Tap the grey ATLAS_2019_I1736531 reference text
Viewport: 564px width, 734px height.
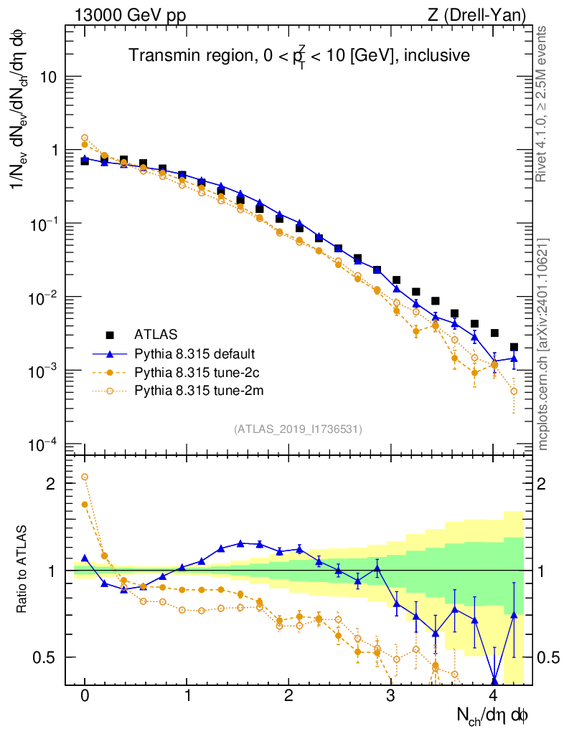298,429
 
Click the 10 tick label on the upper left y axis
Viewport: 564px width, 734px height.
47,77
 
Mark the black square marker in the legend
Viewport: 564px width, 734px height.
110,334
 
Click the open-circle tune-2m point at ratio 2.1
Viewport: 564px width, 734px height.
85,477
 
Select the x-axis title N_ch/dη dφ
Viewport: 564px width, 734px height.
493,715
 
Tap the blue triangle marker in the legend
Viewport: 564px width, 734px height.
110,353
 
